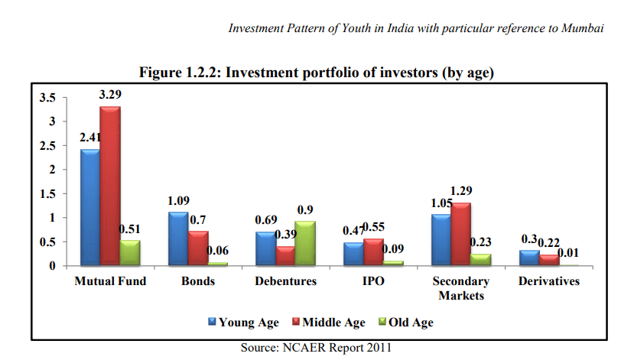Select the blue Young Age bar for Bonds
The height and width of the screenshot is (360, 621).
[179, 238]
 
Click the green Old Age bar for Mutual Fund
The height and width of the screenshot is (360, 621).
[131, 253]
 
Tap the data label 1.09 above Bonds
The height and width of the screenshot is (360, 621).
[178, 201]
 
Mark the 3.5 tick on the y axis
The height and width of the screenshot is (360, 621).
[47, 97]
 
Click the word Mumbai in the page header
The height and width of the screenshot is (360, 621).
[584, 28]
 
